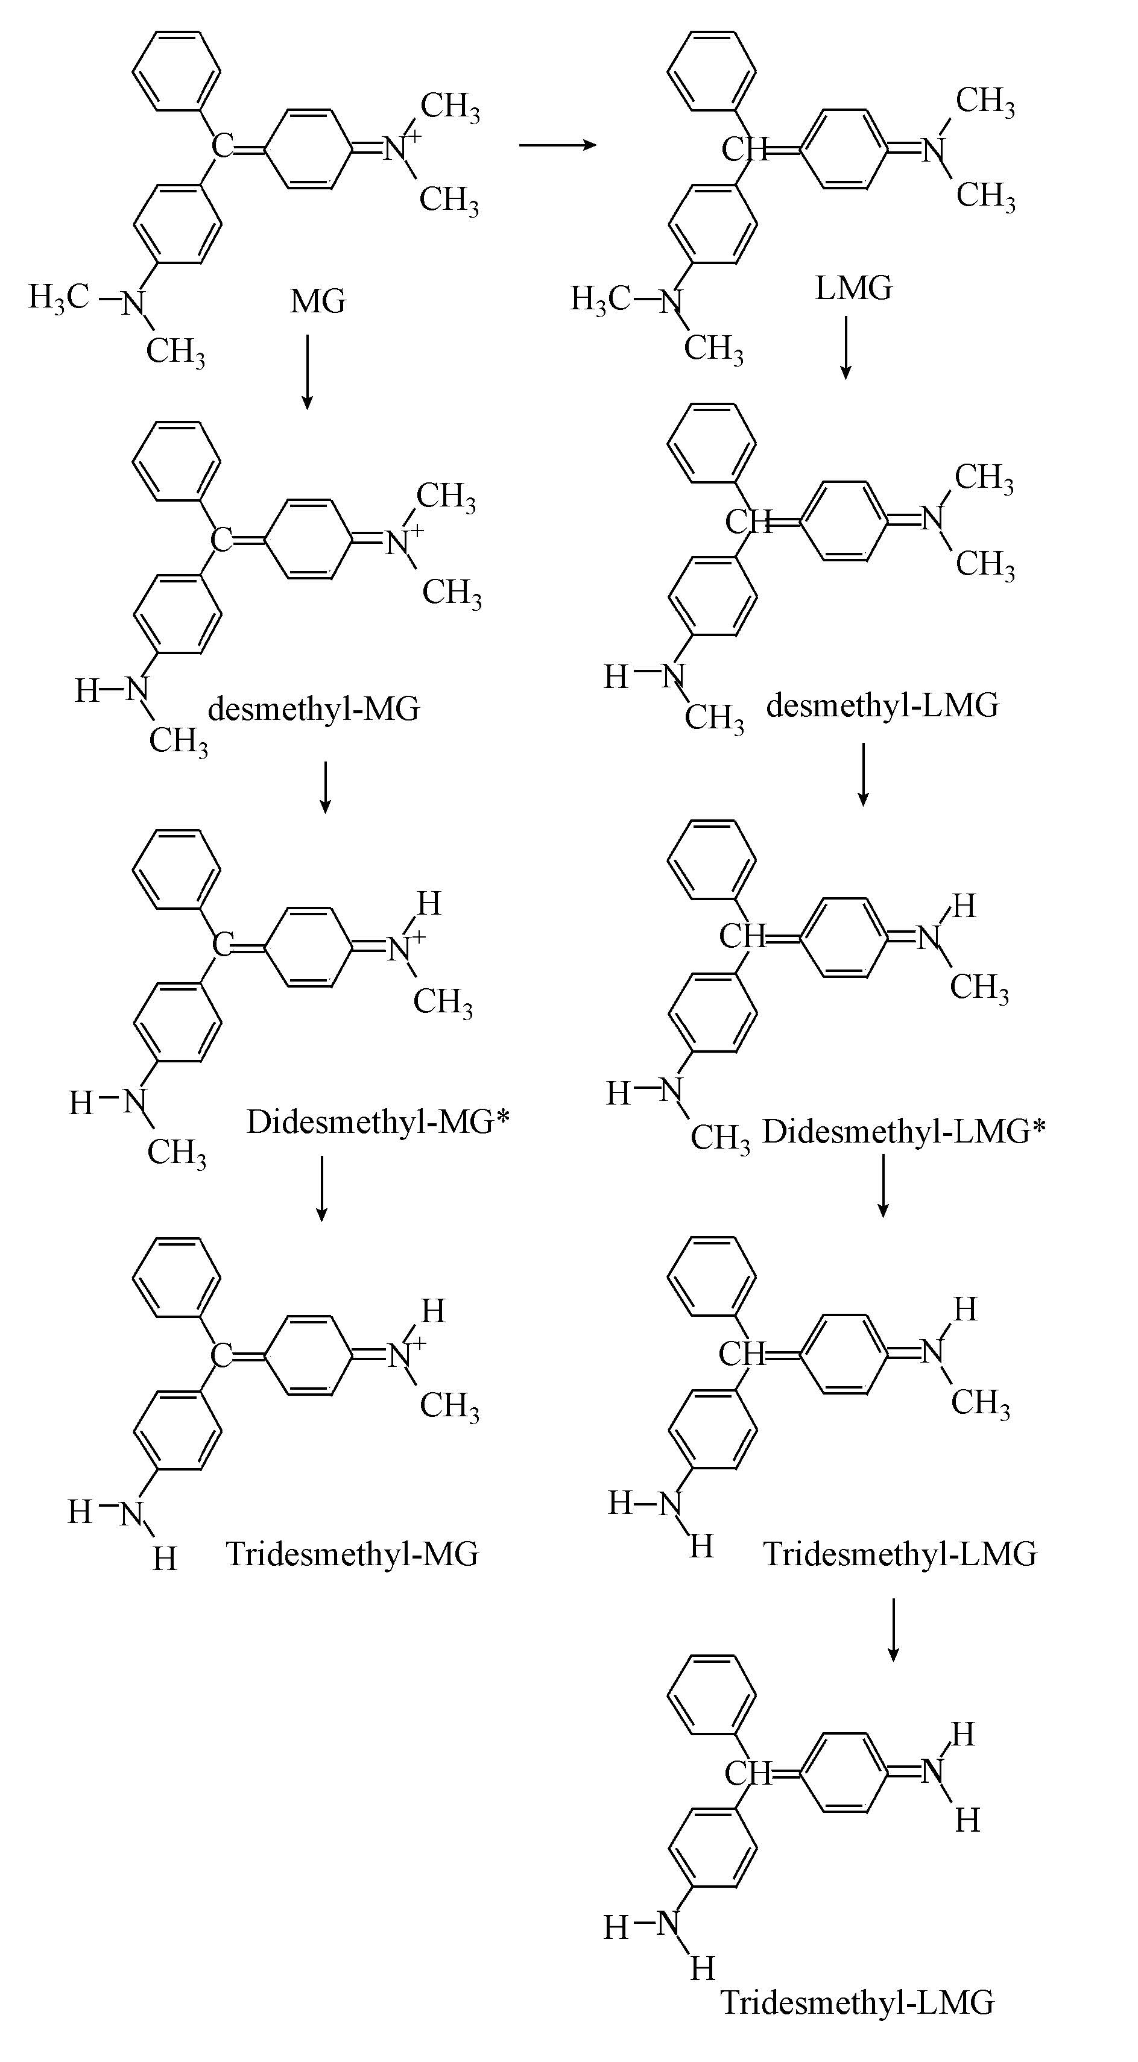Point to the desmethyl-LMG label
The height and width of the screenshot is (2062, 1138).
click(882, 705)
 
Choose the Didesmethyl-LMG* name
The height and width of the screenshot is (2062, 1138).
click(903, 1131)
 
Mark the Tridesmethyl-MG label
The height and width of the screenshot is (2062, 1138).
click(352, 1554)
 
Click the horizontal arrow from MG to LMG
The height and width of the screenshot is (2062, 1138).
click(557, 145)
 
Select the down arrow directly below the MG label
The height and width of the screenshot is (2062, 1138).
click(307, 372)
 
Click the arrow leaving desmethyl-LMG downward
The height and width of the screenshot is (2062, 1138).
click(862, 774)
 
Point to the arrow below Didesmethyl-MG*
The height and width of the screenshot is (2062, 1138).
click(321, 1189)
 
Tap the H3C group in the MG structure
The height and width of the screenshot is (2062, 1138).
click(58, 297)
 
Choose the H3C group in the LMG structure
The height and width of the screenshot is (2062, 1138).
click(600, 300)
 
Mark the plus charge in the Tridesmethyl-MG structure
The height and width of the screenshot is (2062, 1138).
click(417, 1342)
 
